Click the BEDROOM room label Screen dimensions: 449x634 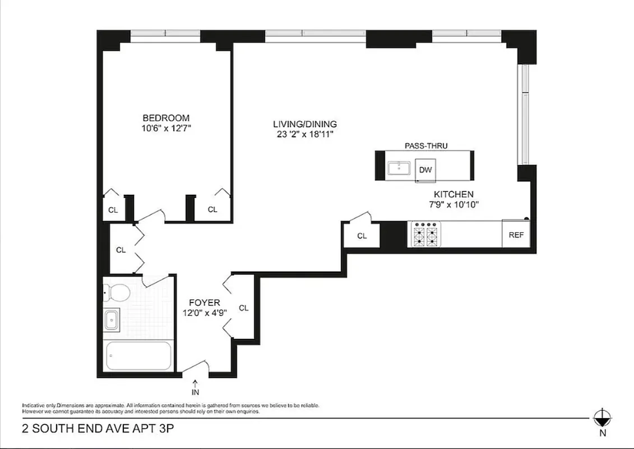(x=166, y=118)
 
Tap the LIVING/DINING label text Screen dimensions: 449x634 (x=305, y=124)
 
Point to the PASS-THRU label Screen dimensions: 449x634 (x=426, y=146)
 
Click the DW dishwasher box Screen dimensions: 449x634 (x=425, y=169)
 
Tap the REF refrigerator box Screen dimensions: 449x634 (x=516, y=235)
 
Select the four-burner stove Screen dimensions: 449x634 (x=425, y=235)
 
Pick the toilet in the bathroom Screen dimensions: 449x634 (x=118, y=292)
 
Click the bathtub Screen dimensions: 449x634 (x=138, y=356)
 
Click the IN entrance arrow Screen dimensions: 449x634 (x=195, y=387)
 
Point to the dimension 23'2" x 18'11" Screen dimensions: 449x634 (x=305, y=134)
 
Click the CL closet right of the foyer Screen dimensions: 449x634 (x=243, y=308)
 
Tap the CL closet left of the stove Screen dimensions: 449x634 (x=362, y=236)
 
